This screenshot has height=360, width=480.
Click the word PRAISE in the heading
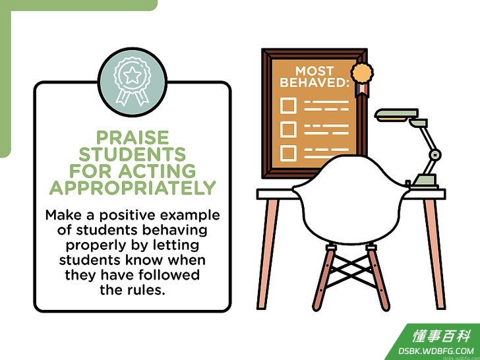pyautogui.click(x=133, y=137)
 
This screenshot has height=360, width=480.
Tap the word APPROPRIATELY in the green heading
pyautogui.click(x=133, y=188)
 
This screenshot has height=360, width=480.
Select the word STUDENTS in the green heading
pyautogui.click(x=133, y=154)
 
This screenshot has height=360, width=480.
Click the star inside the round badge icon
pyautogui.click(x=133, y=75)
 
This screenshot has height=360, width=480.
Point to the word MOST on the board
pyautogui.click(x=315, y=71)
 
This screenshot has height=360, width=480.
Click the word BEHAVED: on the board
pyautogui.click(x=315, y=82)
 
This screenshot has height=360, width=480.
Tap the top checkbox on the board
pyautogui.click(x=288, y=105)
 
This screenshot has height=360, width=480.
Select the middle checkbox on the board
pyautogui.click(x=288, y=129)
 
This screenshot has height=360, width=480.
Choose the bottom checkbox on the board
pyautogui.click(x=288, y=153)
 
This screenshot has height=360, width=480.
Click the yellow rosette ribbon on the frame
pyautogui.click(x=362, y=80)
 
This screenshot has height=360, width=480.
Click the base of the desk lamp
pyautogui.click(x=425, y=181)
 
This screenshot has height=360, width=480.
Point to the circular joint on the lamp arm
pyautogui.click(x=435, y=155)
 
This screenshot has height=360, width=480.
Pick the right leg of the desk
pyautogui.click(x=435, y=254)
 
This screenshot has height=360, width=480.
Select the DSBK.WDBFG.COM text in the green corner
pyautogui.click(x=436, y=351)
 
